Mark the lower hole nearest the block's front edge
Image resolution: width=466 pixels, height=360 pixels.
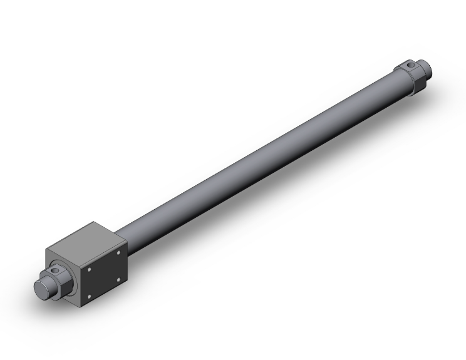click(89, 295)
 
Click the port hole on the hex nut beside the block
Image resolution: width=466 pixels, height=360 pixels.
click(57, 271)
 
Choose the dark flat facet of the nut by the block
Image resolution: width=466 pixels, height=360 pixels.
click(64, 288)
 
